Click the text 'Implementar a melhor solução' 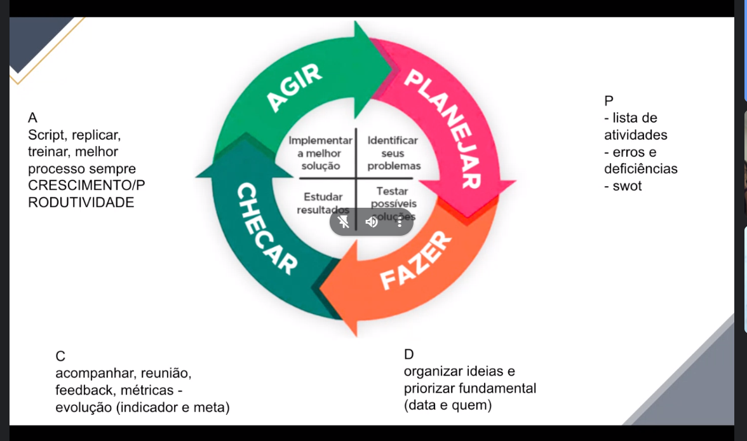(x=320, y=153)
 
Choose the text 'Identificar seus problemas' (x=393, y=153)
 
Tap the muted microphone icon (x=344, y=222)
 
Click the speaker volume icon (x=372, y=222)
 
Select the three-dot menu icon (x=400, y=222)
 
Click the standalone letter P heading (x=610, y=101)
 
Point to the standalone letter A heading (x=33, y=118)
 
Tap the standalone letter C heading (x=60, y=355)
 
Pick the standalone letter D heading (x=408, y=354)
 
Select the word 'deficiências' (x=640, y=169)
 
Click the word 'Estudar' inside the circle (x=323, y=196)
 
